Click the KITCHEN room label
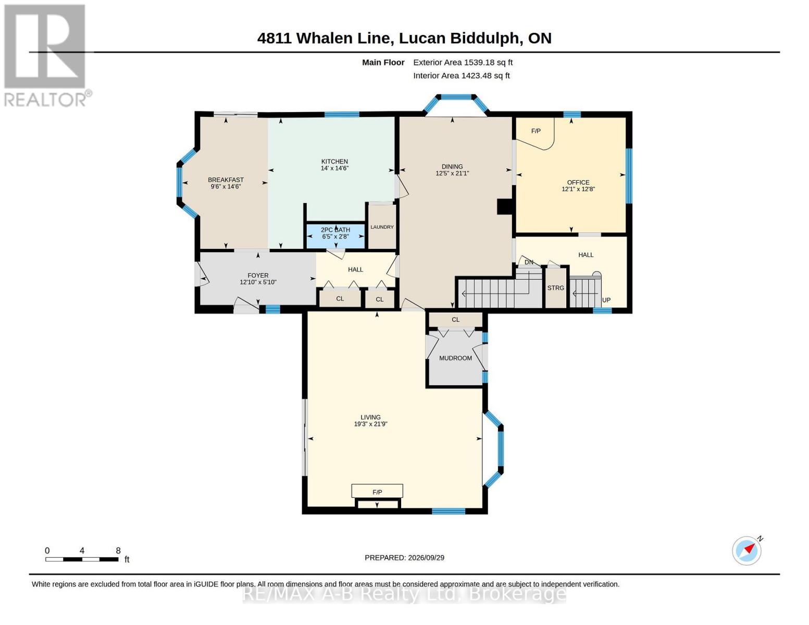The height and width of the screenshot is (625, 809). pyautogui.click(x=334, y=161)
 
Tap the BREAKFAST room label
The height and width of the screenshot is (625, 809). pyautogui.click(x=226, y=180)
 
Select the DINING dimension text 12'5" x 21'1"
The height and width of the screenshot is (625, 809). pyautogui.click(x=452, y=173)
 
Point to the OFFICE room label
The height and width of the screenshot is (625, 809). pyautogui.click(x=578, y=182)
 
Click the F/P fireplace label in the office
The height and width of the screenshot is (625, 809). pyautogui.click(x=536, y=131)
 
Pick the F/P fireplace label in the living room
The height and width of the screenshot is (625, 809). pyautogui.click(x=377, y=492)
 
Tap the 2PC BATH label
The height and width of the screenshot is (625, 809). pyautogui.click(x=335, y=230)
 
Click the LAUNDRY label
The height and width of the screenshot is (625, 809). pyautogui.click(x=382, y=227)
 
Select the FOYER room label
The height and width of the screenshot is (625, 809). pyautogui.click(x=258, y=276)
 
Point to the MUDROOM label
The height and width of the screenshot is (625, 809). pyautogui.click(x=455, y=358)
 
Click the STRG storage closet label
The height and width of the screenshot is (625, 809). pyautogui.click(x=555, y=288)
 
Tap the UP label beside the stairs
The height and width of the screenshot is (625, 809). pyautogui.click(x=606, y=300)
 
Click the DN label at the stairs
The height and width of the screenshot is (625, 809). pyautogui.click(x=529, y=262)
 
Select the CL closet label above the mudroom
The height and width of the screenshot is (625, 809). pyautogui.click(x=455, y=320)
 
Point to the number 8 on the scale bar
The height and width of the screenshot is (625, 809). pyautogui.click(x=118, y=551)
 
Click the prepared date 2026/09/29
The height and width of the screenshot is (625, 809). pyautogui.click(x=426, y=558)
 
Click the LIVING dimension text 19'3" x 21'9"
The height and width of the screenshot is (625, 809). pyautogui.click(x=370, y=424)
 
